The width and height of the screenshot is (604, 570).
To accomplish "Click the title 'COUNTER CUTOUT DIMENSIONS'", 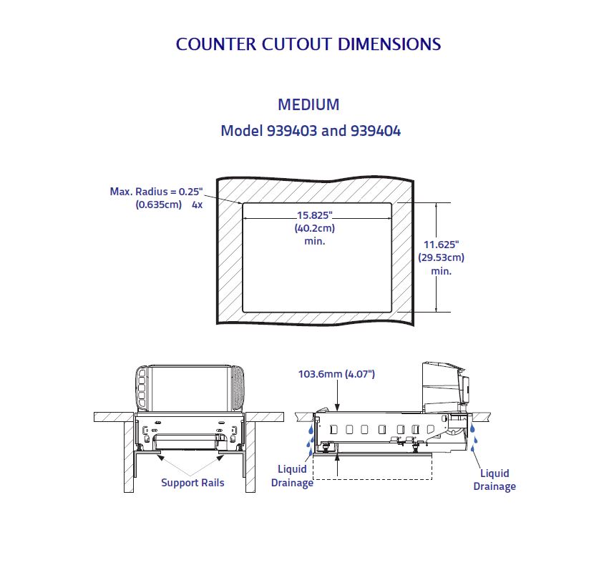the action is click(308, 44).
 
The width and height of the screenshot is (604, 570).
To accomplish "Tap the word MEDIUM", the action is click(308, 104).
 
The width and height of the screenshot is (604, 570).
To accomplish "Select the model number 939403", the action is click(293, 131).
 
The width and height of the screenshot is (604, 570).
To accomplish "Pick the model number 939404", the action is click(376, 131).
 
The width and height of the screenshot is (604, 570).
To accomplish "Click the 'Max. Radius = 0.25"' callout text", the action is click(157, 191).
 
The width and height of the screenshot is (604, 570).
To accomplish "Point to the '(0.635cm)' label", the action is click(159, 205).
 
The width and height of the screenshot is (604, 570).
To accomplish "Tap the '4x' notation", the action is click(198, 205).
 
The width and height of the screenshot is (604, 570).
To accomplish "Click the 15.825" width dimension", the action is click(315, 215).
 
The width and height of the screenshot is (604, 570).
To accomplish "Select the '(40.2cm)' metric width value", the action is click(315, 228).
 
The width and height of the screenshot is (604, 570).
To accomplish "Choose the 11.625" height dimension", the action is click(442, 245).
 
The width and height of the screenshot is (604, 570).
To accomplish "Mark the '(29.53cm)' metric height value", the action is click(442, 257).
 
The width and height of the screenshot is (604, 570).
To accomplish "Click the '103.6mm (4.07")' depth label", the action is click(336, 374).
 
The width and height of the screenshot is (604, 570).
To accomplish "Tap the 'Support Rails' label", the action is click(193, 483).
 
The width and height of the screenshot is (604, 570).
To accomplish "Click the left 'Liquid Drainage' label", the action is click(293, 476).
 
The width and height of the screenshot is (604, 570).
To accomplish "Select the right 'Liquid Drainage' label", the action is click(495, 480).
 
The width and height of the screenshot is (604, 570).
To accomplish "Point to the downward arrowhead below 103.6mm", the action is click(338, 408).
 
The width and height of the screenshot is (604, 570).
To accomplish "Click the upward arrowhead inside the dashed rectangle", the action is click(338, 458).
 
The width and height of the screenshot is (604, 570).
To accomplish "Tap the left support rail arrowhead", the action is click(161, 458).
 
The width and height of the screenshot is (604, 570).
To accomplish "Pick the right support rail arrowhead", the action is click(220, 458).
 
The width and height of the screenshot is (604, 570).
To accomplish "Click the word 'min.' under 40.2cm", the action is click(315, 241).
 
